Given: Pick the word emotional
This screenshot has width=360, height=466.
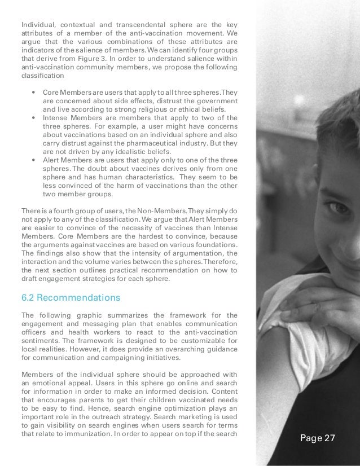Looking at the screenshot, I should point(50,385).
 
